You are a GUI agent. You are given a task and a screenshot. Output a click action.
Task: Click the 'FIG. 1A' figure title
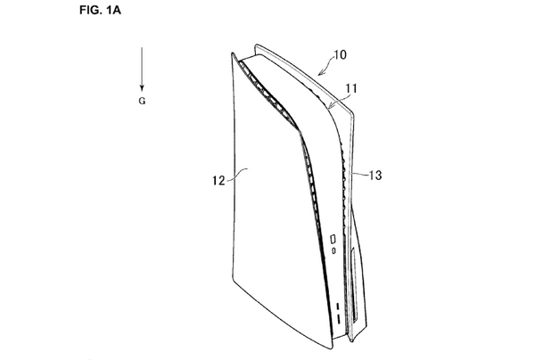pyautogui.click(x=100, y=10)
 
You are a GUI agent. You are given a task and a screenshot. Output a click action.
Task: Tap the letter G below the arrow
pyautogui.click(x=142, y=101)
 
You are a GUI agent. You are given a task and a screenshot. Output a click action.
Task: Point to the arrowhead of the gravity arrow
pyautogui.click(x=142, y=88)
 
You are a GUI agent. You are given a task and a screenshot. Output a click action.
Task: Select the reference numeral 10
pyautogui.click(x=340, y=54)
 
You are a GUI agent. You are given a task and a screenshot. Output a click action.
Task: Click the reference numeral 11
pyautogui.click(x=351, y=88)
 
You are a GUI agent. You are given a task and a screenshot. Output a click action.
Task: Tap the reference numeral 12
pyautogui.click(x=218, y=180)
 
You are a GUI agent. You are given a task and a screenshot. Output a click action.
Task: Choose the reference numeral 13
pyautogui.click(x=375, y=176)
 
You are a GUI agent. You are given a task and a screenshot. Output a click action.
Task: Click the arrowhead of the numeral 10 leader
pyautogui.click(x=320, y=73)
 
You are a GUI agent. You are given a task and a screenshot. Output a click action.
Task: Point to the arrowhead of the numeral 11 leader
pyautogui.click(x=329, y=107)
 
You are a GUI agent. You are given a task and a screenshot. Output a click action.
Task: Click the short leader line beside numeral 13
pyautogui.click(x=359, y=174)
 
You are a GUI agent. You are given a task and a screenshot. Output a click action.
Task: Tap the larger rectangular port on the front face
pyautogui.click(x=333, y=239)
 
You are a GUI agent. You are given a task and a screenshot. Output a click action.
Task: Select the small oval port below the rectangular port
pyautogui.click(x=333, y=251)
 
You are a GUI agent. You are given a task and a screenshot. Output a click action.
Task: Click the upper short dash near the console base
pyautogui.click(x=338, y=307)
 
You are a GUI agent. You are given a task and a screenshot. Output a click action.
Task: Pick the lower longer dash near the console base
pyautogui.click(x=339, y=319)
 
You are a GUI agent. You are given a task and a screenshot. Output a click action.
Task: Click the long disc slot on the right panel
pyautogui.click(x=354, y=284)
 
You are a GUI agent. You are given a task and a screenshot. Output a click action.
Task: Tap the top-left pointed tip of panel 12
pyautogui.click(x=233, y=53)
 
